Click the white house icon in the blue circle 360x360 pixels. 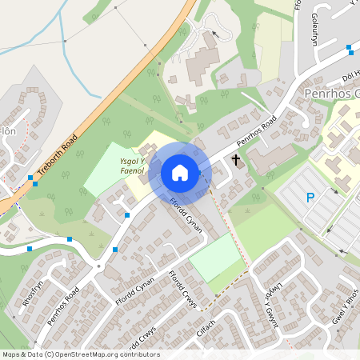tap(180, 173)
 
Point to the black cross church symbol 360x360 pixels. tap(236, 161)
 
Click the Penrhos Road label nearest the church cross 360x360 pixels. tap(257, 133)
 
